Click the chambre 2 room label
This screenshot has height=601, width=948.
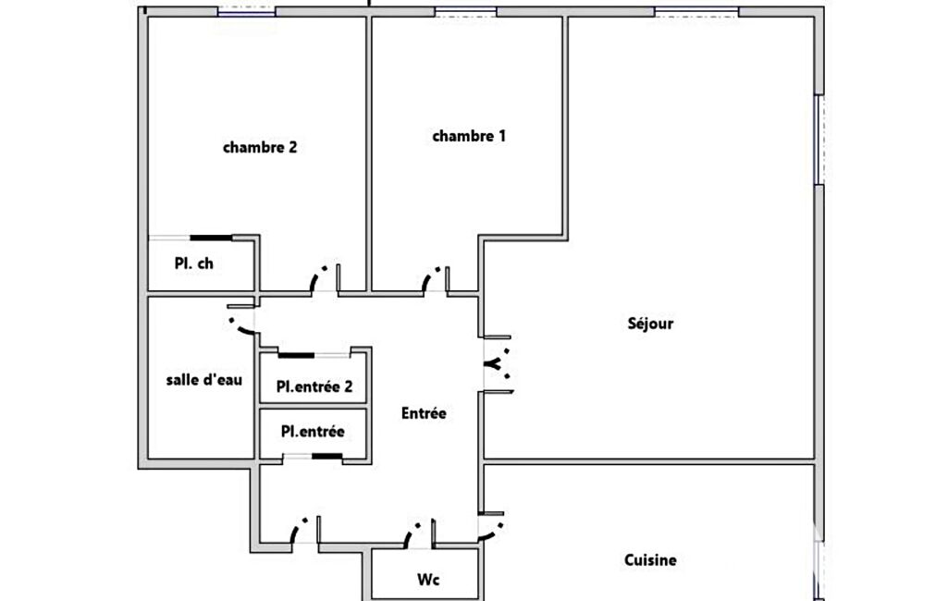coord(260,148)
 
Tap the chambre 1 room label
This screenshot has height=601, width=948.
coord(469,136)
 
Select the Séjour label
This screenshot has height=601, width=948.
coord(650,324)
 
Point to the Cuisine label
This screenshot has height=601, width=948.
coord(650,560)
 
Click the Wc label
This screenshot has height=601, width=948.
coord(428,579)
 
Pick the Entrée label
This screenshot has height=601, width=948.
coord(424,413)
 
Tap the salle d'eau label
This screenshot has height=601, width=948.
coord(204,380)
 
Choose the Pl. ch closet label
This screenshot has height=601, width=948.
coord(194,264)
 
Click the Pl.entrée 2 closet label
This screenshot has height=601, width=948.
coord(314,386)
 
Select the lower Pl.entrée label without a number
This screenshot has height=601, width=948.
coord(313,431)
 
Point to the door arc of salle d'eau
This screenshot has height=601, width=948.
coord(240,327)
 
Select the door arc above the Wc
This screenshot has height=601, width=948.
coord(412,533)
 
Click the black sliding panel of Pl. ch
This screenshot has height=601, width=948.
coord(212,238)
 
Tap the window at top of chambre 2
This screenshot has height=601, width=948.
coord(246,11)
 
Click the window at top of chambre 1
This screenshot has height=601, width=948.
coord(465,11)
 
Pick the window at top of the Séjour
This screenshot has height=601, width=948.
coord(696,11)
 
